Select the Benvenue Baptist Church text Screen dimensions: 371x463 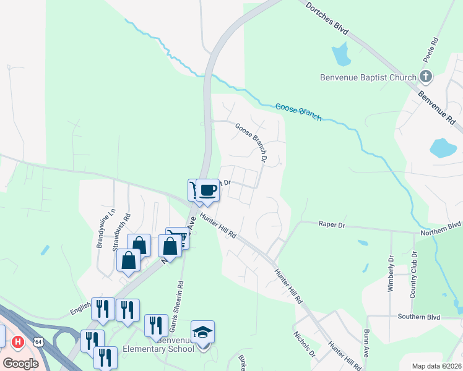368,78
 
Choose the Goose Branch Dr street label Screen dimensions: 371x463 251,142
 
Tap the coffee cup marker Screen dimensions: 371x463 209,189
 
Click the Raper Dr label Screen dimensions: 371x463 331,225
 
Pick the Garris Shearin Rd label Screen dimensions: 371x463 180,304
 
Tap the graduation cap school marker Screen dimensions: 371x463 203,332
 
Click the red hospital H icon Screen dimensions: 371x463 19,341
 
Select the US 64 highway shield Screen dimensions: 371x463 38,341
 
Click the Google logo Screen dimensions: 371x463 21,364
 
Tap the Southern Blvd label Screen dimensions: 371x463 425,317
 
